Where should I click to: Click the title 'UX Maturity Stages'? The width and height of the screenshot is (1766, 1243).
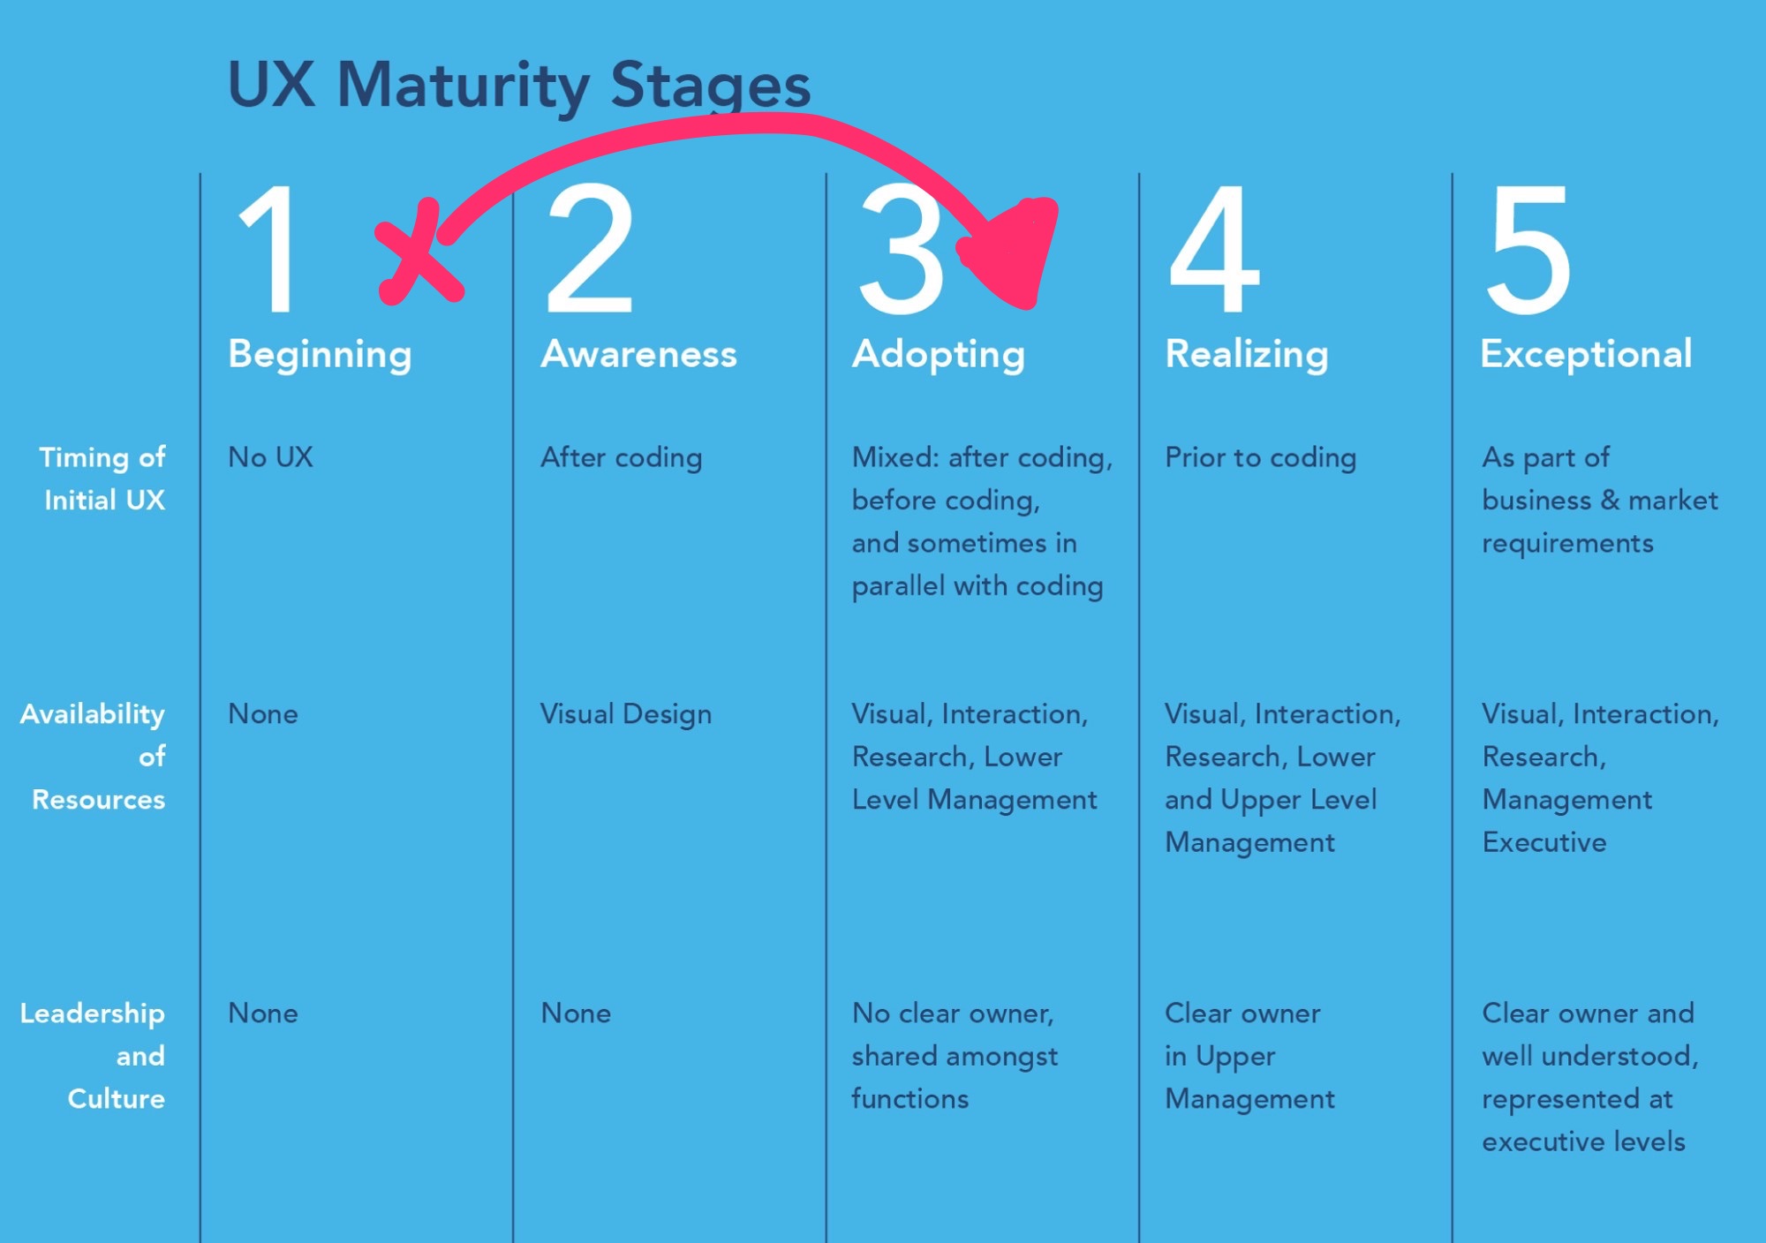tap(519, 86)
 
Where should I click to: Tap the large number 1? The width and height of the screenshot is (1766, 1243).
tap(267, 249)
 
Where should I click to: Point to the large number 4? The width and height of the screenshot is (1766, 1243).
tap(1214, 249)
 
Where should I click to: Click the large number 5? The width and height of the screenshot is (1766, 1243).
tap(1528, 250)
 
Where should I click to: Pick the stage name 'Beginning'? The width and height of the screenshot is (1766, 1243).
tap(320, 355)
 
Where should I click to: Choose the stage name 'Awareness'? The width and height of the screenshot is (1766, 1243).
tap(638, 354)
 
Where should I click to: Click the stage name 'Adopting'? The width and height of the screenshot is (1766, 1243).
tap(938, 355)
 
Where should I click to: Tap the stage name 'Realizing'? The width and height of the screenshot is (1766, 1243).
tap(1247, 355)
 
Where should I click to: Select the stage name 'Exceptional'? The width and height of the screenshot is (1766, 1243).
tap(1586, 355)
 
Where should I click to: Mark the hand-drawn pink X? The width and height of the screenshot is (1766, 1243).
tap(419, 252)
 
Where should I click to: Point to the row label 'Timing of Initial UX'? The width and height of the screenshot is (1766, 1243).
tap(102, 478)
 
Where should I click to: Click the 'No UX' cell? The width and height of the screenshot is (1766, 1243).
tap(270, 457)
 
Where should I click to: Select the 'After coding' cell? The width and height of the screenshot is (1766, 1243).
tap(622, 458)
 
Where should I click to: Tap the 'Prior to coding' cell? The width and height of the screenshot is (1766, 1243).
tap(1260, 458)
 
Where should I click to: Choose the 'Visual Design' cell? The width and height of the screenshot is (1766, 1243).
tap(625, 714)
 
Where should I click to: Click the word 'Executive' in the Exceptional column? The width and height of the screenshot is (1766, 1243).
tap(1543, 842)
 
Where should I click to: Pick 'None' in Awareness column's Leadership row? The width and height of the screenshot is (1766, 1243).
tap(576, 1013)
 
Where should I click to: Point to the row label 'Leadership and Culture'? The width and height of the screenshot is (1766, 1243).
tap(93, 1056)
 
